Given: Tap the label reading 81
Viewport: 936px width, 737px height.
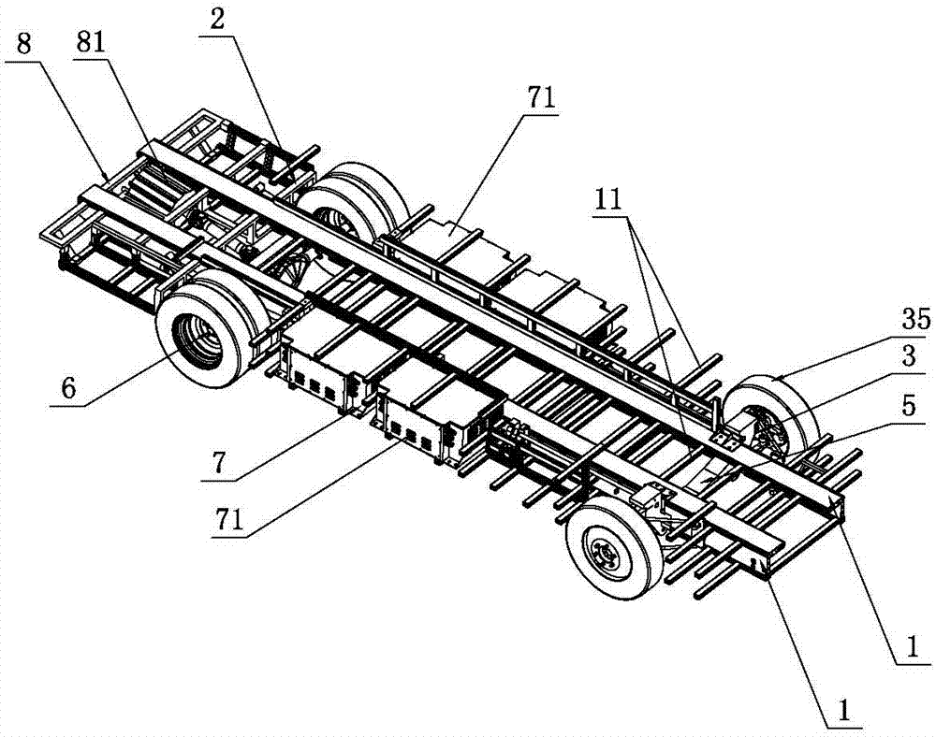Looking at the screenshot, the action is tap(90, 43).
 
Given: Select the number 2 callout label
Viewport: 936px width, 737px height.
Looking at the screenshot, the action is tap(217, 21).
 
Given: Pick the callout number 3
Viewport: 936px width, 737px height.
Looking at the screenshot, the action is tap(908, 356).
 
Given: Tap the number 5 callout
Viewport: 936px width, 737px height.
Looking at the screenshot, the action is tap(908, 406).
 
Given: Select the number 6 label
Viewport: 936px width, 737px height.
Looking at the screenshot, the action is tap(68, 388).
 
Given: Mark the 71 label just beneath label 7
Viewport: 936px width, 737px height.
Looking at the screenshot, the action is tap(229, 521).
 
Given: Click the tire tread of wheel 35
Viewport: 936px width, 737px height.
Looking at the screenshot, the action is tap(776, 387).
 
